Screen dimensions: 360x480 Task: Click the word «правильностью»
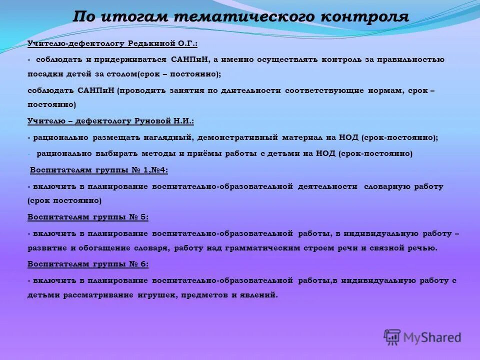410,59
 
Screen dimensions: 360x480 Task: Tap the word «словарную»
387,186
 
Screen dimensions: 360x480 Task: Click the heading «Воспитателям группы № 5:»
88,217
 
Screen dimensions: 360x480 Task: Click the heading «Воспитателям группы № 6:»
88,263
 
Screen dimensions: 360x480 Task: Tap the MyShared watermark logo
422,336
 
